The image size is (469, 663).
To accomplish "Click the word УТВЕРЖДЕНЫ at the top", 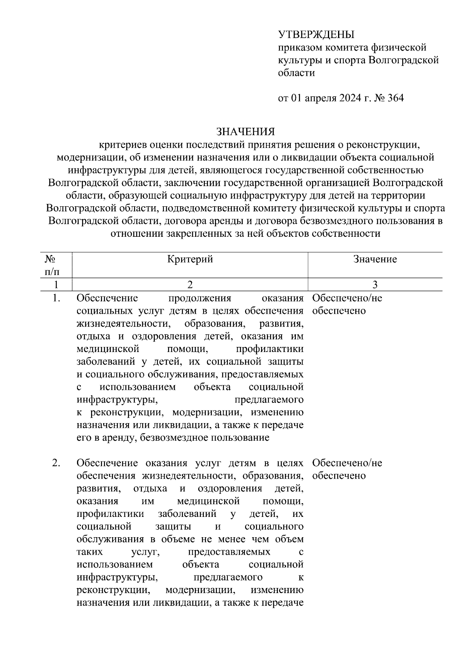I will (316, 35).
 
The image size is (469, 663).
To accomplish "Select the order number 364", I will (395, 98).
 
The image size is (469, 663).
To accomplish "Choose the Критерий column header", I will (190, 259).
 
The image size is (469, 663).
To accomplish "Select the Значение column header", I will (375, 259).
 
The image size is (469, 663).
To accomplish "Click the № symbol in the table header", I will (49, 259).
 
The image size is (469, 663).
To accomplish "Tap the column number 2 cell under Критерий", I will (190, 285).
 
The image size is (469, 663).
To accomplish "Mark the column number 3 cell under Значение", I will (375, 285).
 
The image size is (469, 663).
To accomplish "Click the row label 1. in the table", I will (56, 298).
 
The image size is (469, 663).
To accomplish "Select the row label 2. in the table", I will (56, 463).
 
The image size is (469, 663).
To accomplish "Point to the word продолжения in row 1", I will (200, 298).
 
